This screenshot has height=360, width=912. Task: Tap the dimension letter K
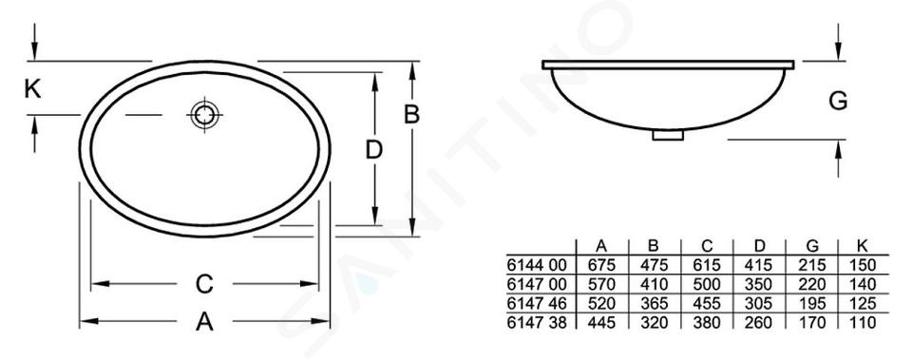[33, 89]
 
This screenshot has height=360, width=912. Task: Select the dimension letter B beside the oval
[411, 115]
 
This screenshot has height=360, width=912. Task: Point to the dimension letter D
[374, 150]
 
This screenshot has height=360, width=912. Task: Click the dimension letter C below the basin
[204, 284]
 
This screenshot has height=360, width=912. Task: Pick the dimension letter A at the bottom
[204, 321]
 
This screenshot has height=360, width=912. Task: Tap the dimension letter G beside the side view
[838, 102]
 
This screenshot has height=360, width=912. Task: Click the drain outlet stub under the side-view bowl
[668, 135]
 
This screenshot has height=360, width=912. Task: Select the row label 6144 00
[536, 266]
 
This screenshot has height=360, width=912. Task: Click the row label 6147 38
[536, 322]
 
